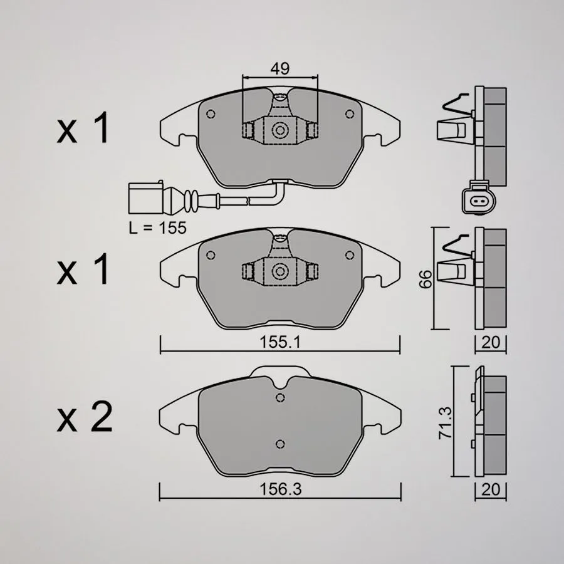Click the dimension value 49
(x=280, y=68)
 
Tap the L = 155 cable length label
(x=158, y=227)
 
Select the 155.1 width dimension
(x=280, y=342)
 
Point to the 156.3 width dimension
(x=280, y=489)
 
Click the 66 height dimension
(x=426, y=279)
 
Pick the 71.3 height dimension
(x=445, y=422)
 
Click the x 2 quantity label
(x=85, y=417)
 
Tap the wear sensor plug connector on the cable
(x=145, y=198)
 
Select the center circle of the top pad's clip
(x=280, y=130)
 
